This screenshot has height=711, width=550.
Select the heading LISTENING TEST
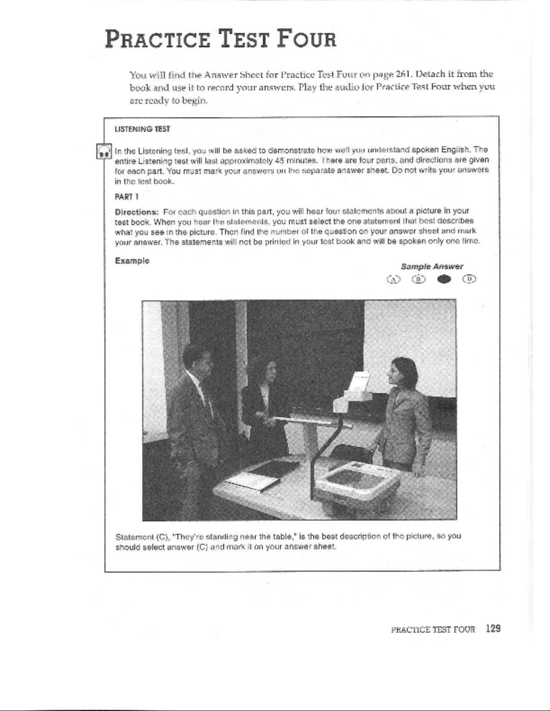click(142, 129)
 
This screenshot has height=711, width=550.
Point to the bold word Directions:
click(137, 211)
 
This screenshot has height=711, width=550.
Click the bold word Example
click(132, 261)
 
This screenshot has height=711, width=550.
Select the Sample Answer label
click(431, 266)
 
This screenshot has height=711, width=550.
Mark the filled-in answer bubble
click(444, 279)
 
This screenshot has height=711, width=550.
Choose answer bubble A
click(393, 279)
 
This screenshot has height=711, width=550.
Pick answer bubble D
click(470, 279)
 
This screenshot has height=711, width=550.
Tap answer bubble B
click(418, 279)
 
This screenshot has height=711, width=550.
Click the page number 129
click(493, 628)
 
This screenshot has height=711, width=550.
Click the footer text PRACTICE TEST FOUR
click(432, 629)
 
